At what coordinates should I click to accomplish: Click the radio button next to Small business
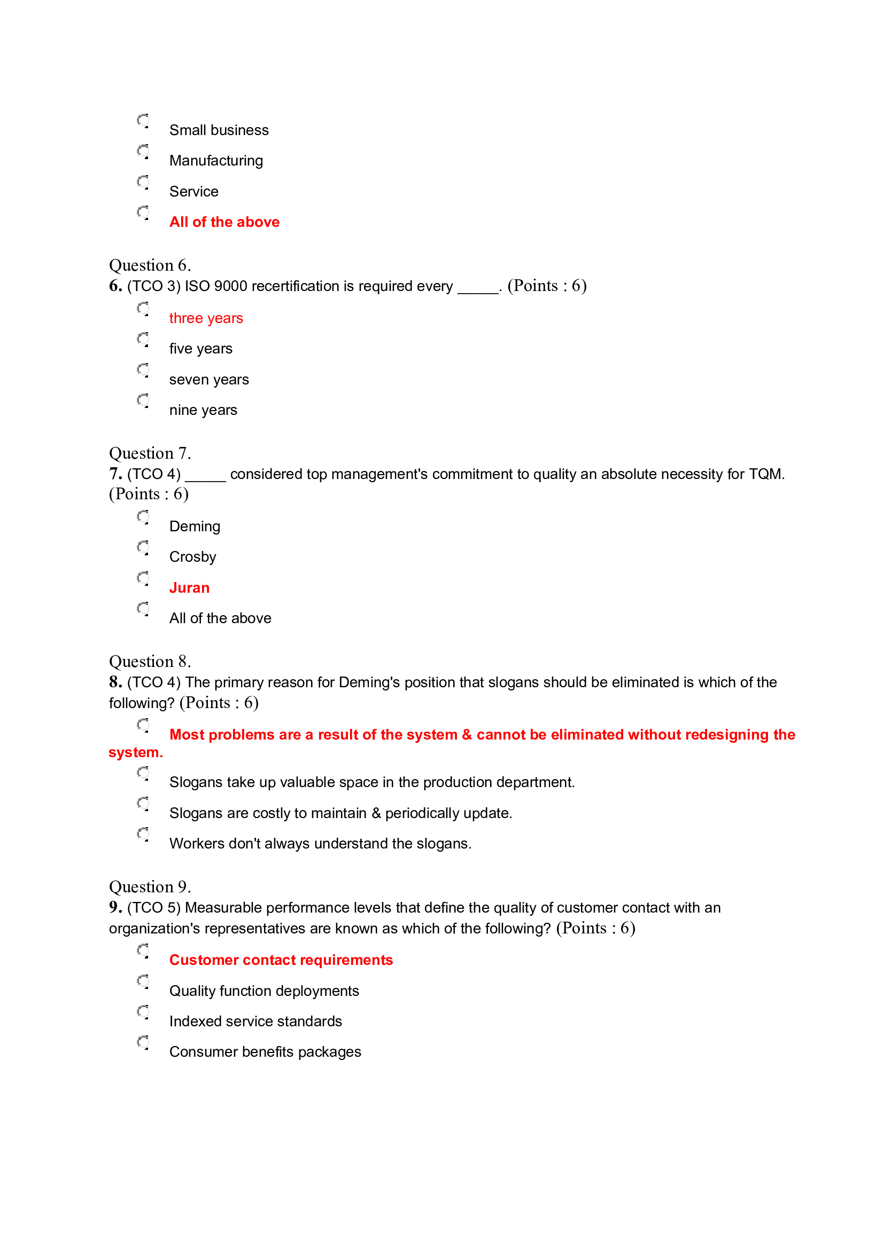(143, 120)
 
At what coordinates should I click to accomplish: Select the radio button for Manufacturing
(143, 151)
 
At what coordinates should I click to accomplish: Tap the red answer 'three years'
(206, 318)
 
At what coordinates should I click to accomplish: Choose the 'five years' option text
(200, 349)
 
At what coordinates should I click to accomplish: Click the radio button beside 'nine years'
(143, 400)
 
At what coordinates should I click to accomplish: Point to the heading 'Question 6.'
(150, 265)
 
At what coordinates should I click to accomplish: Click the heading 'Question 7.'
(150, 453)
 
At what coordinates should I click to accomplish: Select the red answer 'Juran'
(189, 587)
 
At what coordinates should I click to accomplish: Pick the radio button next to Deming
(143, 516)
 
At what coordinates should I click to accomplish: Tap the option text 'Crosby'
(193, 557)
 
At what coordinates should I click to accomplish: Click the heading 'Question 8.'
(150, 662)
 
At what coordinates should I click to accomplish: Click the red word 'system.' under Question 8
(136, 752)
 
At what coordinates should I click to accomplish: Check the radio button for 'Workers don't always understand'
(143, 834)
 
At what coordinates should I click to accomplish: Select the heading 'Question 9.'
(150, 887)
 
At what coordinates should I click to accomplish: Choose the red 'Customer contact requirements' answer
(281, 960)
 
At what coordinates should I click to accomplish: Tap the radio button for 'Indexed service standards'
(143, 1011)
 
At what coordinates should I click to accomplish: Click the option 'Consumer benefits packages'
(265, 1052)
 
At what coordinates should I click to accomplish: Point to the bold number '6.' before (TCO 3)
(115, 286)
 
